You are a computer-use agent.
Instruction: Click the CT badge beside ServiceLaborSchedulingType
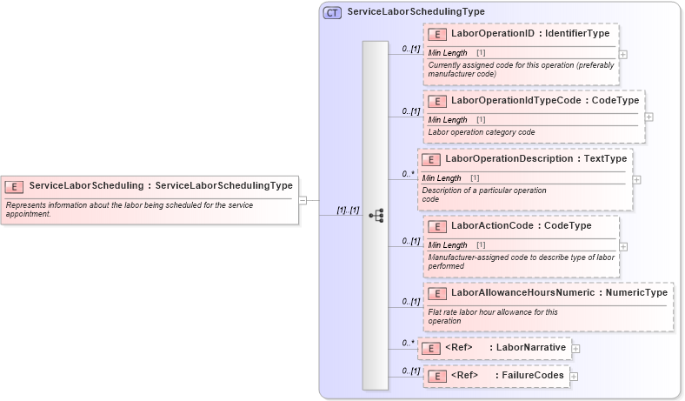332,12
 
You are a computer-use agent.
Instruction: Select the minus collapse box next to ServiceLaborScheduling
303,200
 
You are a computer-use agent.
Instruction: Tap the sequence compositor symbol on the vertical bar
376,215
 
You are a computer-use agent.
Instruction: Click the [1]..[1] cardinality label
348,211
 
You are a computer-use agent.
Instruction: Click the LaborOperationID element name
492,34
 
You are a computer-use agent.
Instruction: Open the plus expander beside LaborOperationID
623,54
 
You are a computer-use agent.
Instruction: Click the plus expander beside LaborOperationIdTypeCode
649,117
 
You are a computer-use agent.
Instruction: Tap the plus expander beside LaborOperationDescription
636,180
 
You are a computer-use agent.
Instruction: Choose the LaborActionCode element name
494,226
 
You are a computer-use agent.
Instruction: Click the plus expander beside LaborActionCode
623,246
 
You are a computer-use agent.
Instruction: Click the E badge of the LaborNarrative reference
429,349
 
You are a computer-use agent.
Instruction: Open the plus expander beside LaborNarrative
575,349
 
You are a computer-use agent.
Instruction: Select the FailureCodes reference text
529,376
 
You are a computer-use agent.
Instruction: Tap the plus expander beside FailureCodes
574,377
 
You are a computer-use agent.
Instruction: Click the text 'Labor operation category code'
481,132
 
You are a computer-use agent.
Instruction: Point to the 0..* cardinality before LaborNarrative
408,344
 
